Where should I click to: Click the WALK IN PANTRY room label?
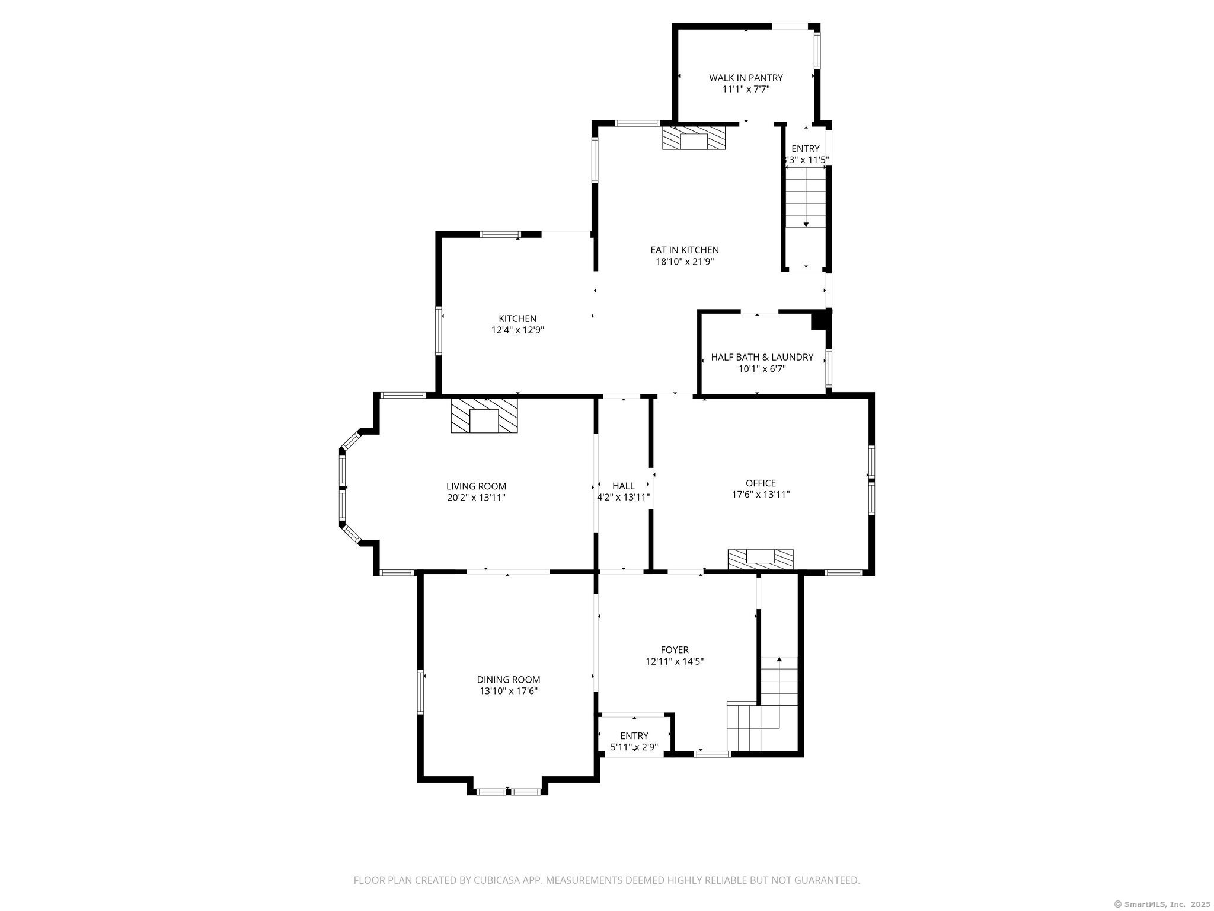click(746, 78)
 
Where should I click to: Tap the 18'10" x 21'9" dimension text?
click(685, 262)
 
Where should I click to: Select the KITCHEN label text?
click(517, 318)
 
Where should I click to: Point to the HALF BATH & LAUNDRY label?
click(762, 357)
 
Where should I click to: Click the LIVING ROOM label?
click(476, 486)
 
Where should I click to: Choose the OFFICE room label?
click(761, 483)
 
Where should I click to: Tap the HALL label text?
click(623, 486)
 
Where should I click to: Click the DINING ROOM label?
click(509, 680)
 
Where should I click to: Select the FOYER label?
click(675, 650)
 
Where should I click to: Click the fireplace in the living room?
click(484, 415)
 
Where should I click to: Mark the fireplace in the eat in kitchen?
click(694, 138)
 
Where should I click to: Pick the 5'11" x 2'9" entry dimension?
click(634, 747)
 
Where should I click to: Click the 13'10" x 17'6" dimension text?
click(509, 691)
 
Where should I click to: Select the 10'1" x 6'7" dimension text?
click(762, 369)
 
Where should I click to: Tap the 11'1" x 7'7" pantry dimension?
click(746, 89)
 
